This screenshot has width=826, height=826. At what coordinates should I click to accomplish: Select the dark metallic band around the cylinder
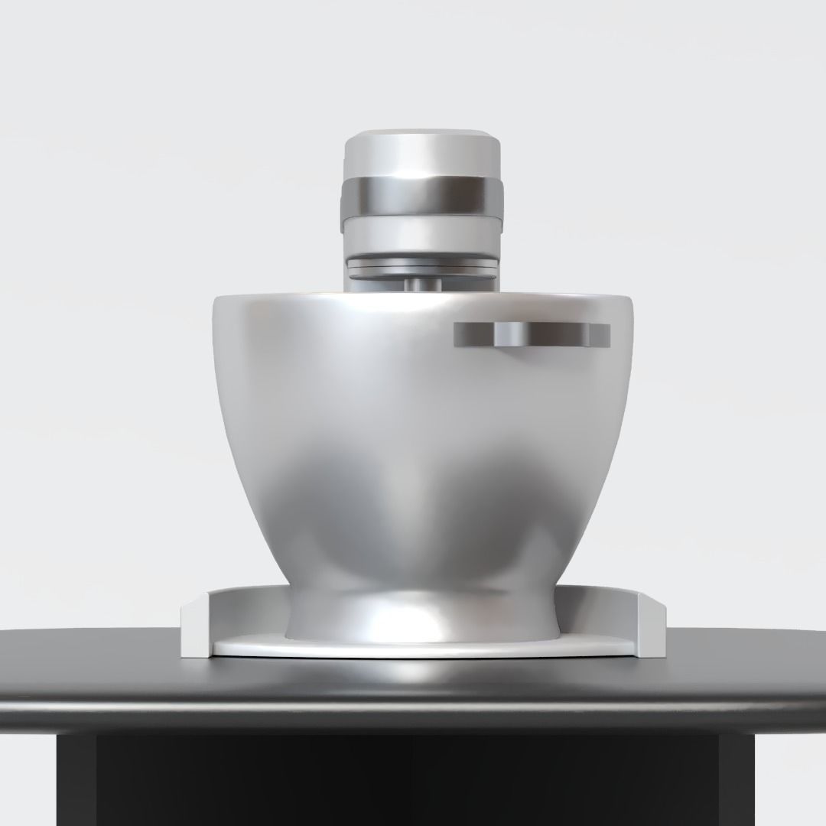pyautogui.click(x=421, y=198)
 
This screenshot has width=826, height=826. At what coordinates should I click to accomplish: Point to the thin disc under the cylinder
pyautogui.click(x=421, y=265)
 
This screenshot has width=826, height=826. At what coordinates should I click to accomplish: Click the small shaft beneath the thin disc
pyautogui.click(x=421, y=282)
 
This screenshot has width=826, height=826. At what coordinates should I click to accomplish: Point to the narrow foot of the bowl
pyautogui.click(x=421, y=612)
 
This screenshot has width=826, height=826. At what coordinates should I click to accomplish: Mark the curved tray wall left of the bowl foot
pyautogui.click(x=245, y=612)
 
